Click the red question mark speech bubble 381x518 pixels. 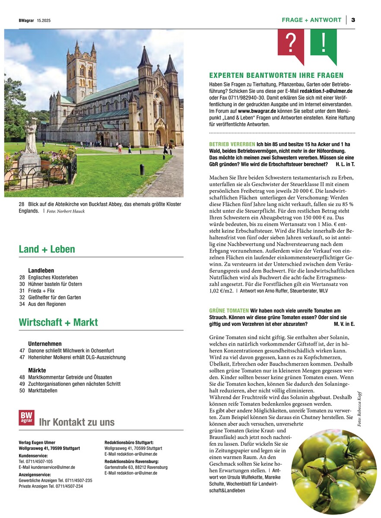(x=291, y=43)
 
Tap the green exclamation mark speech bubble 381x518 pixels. (x=323, y=43)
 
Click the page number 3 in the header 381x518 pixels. (x=353, y=20)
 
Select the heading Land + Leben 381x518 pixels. (x=47, y=249)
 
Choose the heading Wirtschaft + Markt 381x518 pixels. (x=58, y=322)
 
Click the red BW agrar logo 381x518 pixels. (x=26, y=418)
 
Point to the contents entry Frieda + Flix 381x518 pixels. (x=41, y=291)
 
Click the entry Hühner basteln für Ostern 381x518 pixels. (x=55, y=284)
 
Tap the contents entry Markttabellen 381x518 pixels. (x=42, y=391)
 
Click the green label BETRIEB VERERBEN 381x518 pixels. (x=232, y=144)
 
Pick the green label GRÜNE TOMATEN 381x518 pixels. (x=229, y=311)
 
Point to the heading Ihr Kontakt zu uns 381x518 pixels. (x=76, y=423)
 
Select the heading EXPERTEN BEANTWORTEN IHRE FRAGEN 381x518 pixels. (x=276, y=76)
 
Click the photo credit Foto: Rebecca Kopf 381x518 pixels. (x=359, y=409)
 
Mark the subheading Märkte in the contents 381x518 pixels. (x=37, y=371)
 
